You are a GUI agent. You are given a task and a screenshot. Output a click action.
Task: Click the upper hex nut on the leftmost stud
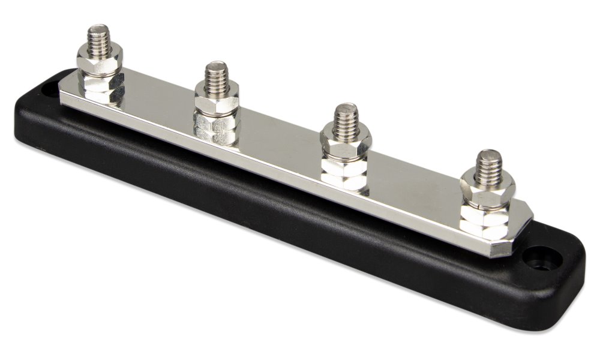(100, 61)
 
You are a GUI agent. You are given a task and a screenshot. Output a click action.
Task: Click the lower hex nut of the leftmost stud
(101, 87)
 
